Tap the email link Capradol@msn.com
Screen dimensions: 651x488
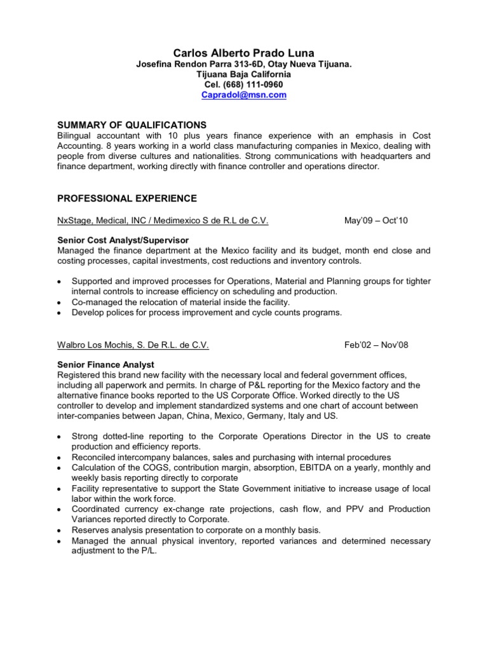pos(244,95)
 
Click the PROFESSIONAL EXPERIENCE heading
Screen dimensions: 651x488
pos(126,198)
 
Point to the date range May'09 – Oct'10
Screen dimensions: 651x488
pos(376,221)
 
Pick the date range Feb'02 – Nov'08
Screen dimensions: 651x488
pos(376,345)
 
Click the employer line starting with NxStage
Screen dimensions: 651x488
pos(163,221)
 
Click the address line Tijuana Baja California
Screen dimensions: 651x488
pos(244,74)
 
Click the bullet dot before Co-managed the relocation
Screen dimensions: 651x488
pos(60,302)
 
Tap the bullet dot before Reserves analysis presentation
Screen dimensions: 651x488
pos(60,530)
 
